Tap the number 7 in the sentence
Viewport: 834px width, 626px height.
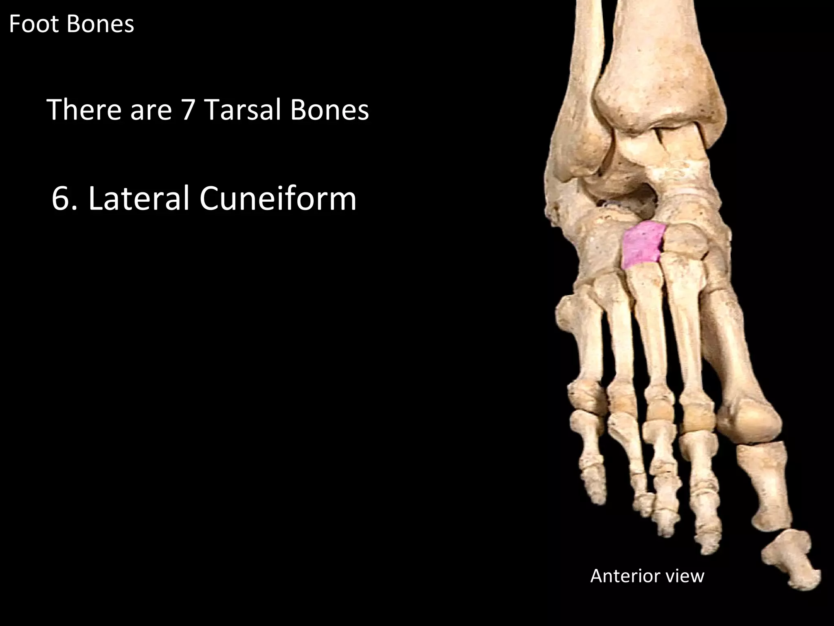coord(187,110)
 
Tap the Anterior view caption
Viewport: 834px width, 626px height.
coord(647,576)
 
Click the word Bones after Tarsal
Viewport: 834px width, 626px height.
coord(329,110)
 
